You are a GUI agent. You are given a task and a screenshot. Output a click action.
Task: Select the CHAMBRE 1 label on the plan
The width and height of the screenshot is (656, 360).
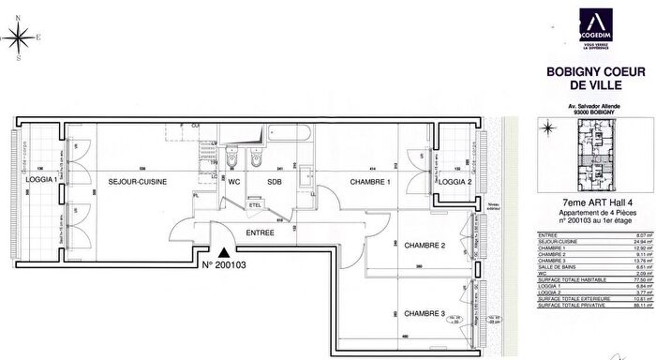pyautogui.click(x=371, y=182)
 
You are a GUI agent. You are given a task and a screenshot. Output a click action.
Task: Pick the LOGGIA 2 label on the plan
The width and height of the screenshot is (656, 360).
pyautogui.click(x=455, y=182)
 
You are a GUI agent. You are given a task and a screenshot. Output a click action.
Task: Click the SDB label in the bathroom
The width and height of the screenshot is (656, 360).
pyautogui.click(x=275, y=182)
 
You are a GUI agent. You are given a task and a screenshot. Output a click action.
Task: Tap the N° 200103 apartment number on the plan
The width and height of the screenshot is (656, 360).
pyautogui.click(x=229, y=266)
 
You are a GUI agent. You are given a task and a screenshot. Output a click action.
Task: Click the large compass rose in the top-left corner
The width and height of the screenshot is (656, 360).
pyautogui.click(x=18, y=38)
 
